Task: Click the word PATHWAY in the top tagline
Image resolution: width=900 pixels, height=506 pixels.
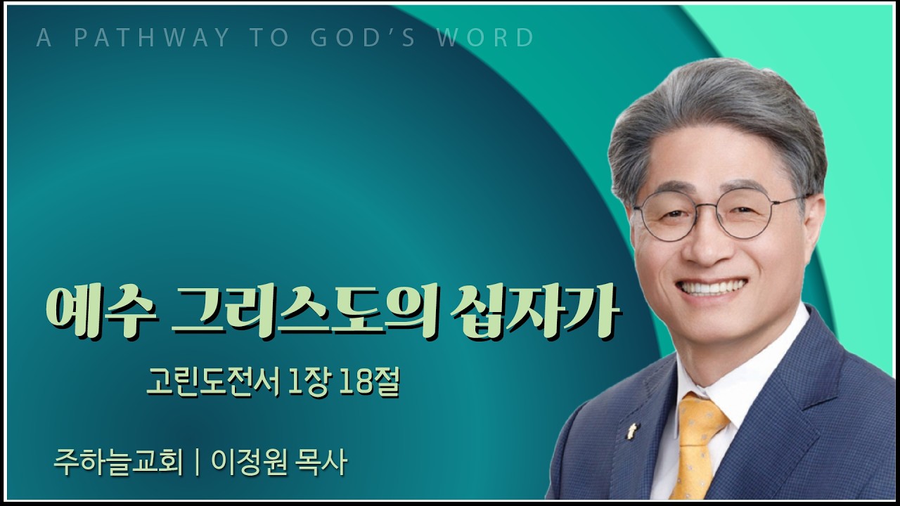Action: [x=152, y=38]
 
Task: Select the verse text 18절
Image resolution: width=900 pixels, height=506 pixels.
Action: [x=369, y=383]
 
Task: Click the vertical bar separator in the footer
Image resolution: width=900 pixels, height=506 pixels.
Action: [x=197, y=463]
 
